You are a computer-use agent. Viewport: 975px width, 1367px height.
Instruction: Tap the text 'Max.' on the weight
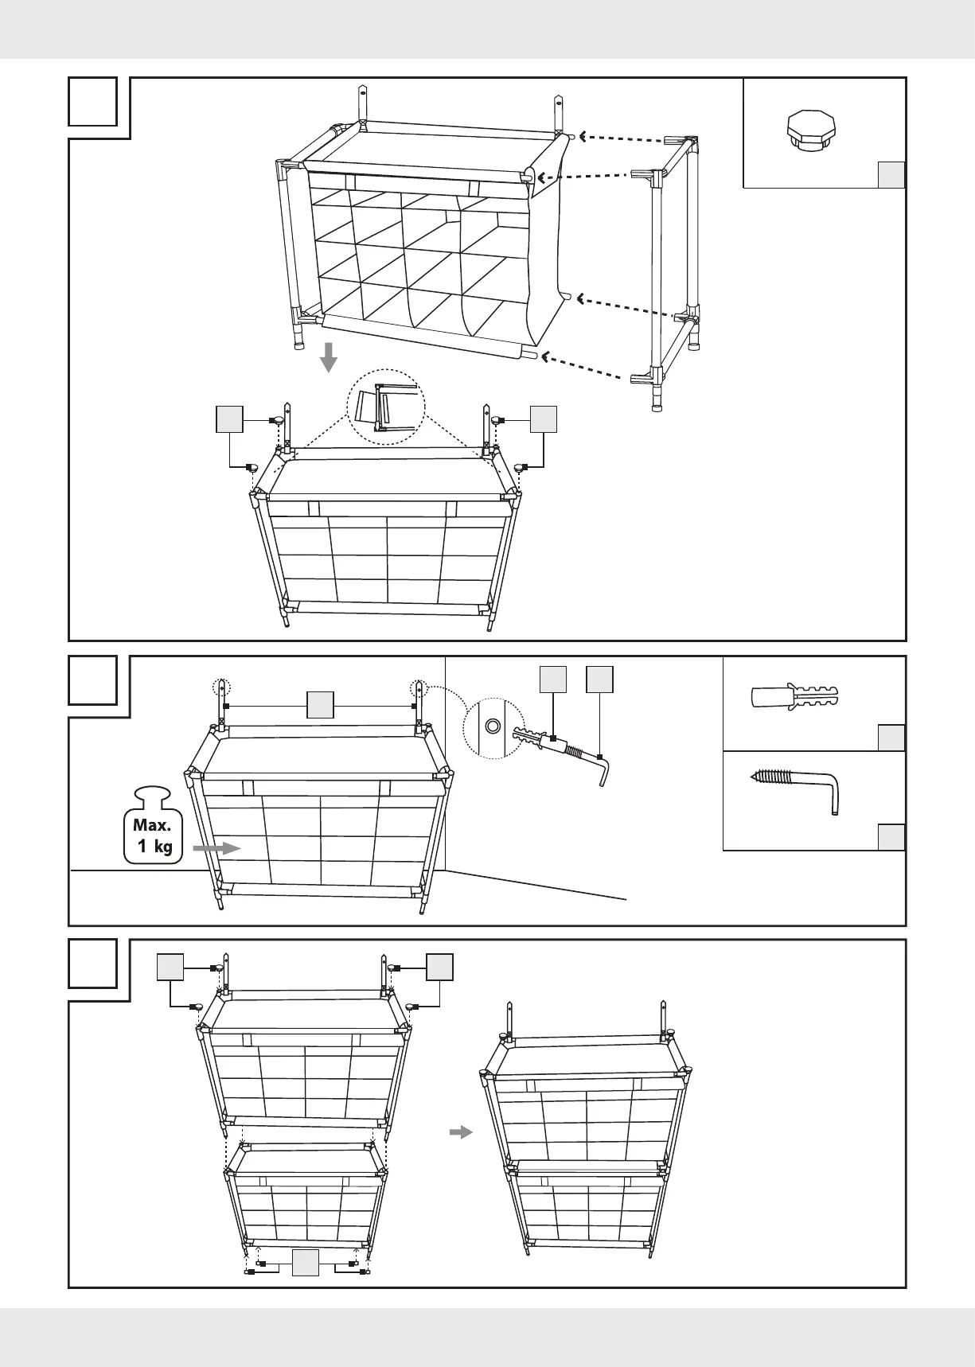tap(152, 825)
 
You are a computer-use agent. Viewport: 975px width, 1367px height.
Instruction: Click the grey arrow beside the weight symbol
tap(216, 849)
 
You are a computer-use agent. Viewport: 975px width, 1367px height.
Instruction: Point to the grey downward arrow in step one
tap(328, 360)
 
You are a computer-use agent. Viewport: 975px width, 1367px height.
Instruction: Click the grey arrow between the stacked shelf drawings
tap(461, 1131)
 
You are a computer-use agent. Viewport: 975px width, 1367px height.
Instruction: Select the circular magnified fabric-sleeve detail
tap(386, 406)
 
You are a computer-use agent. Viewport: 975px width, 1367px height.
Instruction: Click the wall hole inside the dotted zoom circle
tap(493, 725)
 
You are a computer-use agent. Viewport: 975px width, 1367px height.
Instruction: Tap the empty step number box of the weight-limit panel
tap(92, 680)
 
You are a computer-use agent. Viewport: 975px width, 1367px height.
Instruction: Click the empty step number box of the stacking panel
tap(92, 964)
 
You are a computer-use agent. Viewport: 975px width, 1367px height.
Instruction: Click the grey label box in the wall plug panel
tap(891, 738)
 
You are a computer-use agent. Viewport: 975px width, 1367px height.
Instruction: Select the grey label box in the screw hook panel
tap(891, 837)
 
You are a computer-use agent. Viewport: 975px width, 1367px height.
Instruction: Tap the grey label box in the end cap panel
tap(891, 174)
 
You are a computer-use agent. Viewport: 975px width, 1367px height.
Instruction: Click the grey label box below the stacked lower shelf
tap(306, 1263)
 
